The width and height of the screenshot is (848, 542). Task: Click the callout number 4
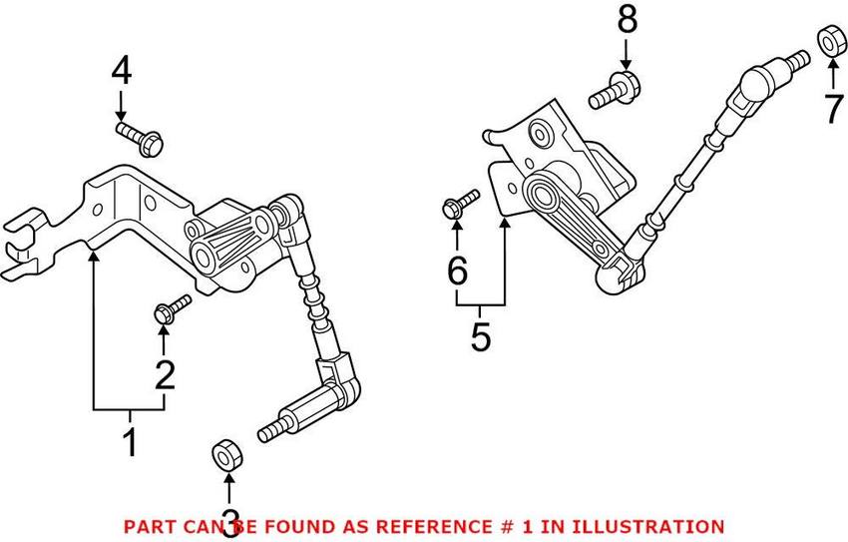coord(121,71)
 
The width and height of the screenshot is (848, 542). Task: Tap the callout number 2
coord(164,374)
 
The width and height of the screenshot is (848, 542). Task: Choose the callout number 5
coord(481,336)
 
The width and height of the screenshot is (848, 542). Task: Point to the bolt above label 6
coord(458,206)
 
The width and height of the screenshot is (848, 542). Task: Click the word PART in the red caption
coord(147,525)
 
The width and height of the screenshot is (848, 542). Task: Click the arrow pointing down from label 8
coord(627,52)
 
